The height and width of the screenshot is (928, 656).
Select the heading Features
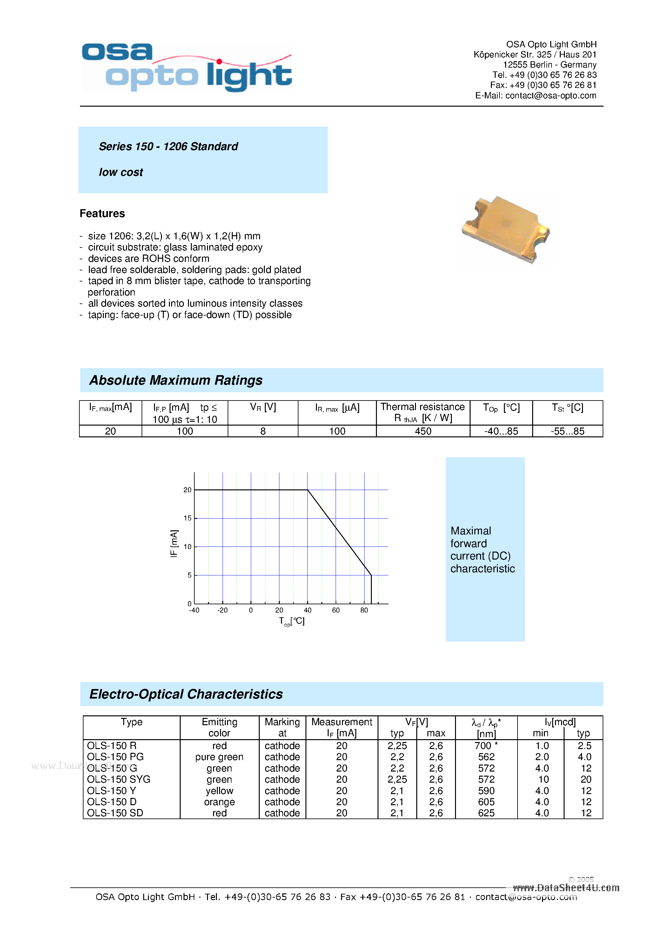tap(102, 213)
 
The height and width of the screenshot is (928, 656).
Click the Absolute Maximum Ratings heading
tap(176, 380)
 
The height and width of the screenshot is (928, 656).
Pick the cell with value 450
tap(423, 431)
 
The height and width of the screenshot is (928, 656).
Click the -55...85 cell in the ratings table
tap(567, 431)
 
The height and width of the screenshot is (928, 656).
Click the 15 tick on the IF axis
tap(187, 518)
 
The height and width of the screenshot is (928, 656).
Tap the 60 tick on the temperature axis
tap(336, 610)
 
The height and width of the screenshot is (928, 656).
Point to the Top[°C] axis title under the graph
tap(291, 621)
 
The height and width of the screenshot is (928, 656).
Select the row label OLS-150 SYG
tap(118, 779)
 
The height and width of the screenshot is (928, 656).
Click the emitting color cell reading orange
tap(219, 802)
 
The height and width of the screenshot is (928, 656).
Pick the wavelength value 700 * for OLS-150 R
tap(486, 746)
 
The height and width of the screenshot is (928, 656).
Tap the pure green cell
tap(219, 757)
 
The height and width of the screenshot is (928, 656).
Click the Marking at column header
tap(282, 727)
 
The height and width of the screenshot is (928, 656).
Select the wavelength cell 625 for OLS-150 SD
tap(486, 813)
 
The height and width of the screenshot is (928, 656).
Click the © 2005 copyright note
tap(581, 879)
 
